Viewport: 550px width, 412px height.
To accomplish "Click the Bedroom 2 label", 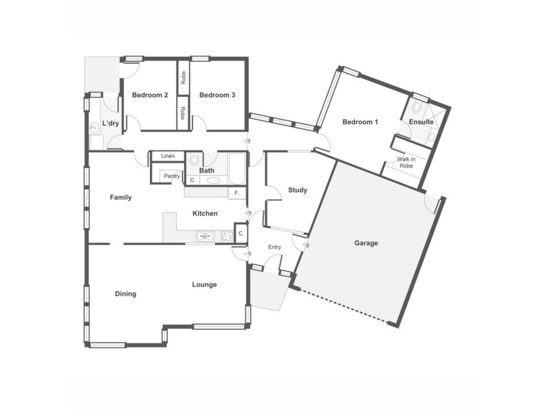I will (150, 95).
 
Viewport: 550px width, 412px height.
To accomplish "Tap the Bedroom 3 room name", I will (217, 95).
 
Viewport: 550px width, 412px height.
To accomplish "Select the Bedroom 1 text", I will (360, 122).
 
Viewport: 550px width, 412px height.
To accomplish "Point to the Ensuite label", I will (421, 122).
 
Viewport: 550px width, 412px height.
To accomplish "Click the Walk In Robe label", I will (406, 163).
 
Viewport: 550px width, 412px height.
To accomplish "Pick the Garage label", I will (366, 243).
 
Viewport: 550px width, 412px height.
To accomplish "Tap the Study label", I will (297, 190).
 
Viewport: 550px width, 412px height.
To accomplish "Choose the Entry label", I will (274, 247).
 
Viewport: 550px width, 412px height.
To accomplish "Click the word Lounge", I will (204, 284).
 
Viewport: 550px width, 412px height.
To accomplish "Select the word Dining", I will (125, 294).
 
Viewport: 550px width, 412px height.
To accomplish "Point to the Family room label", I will (120, 197).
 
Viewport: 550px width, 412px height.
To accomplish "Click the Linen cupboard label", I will (168, 157).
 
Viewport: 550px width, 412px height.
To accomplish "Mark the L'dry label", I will (111, 124).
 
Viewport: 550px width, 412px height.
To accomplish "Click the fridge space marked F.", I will (237, 193).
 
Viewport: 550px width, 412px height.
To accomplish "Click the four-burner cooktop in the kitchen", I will (226, 237).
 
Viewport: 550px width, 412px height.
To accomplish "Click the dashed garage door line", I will (344, 307).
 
